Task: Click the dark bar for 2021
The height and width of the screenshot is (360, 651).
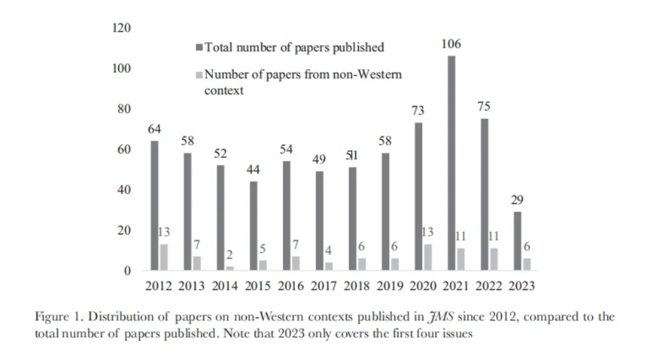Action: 451,163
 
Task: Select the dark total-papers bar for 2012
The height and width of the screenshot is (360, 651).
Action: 154,205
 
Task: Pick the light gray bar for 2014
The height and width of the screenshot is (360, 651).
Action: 229,268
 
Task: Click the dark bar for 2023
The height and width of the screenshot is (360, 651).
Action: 516,240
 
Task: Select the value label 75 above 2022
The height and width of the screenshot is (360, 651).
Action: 484,107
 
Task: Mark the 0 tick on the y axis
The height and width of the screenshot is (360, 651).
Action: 128,271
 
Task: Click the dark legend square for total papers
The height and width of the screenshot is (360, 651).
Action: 200,48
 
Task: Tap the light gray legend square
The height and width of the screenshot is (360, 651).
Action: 200,75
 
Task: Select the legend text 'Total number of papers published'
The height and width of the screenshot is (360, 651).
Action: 294,48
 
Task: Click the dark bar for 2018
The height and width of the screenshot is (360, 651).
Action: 352,219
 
